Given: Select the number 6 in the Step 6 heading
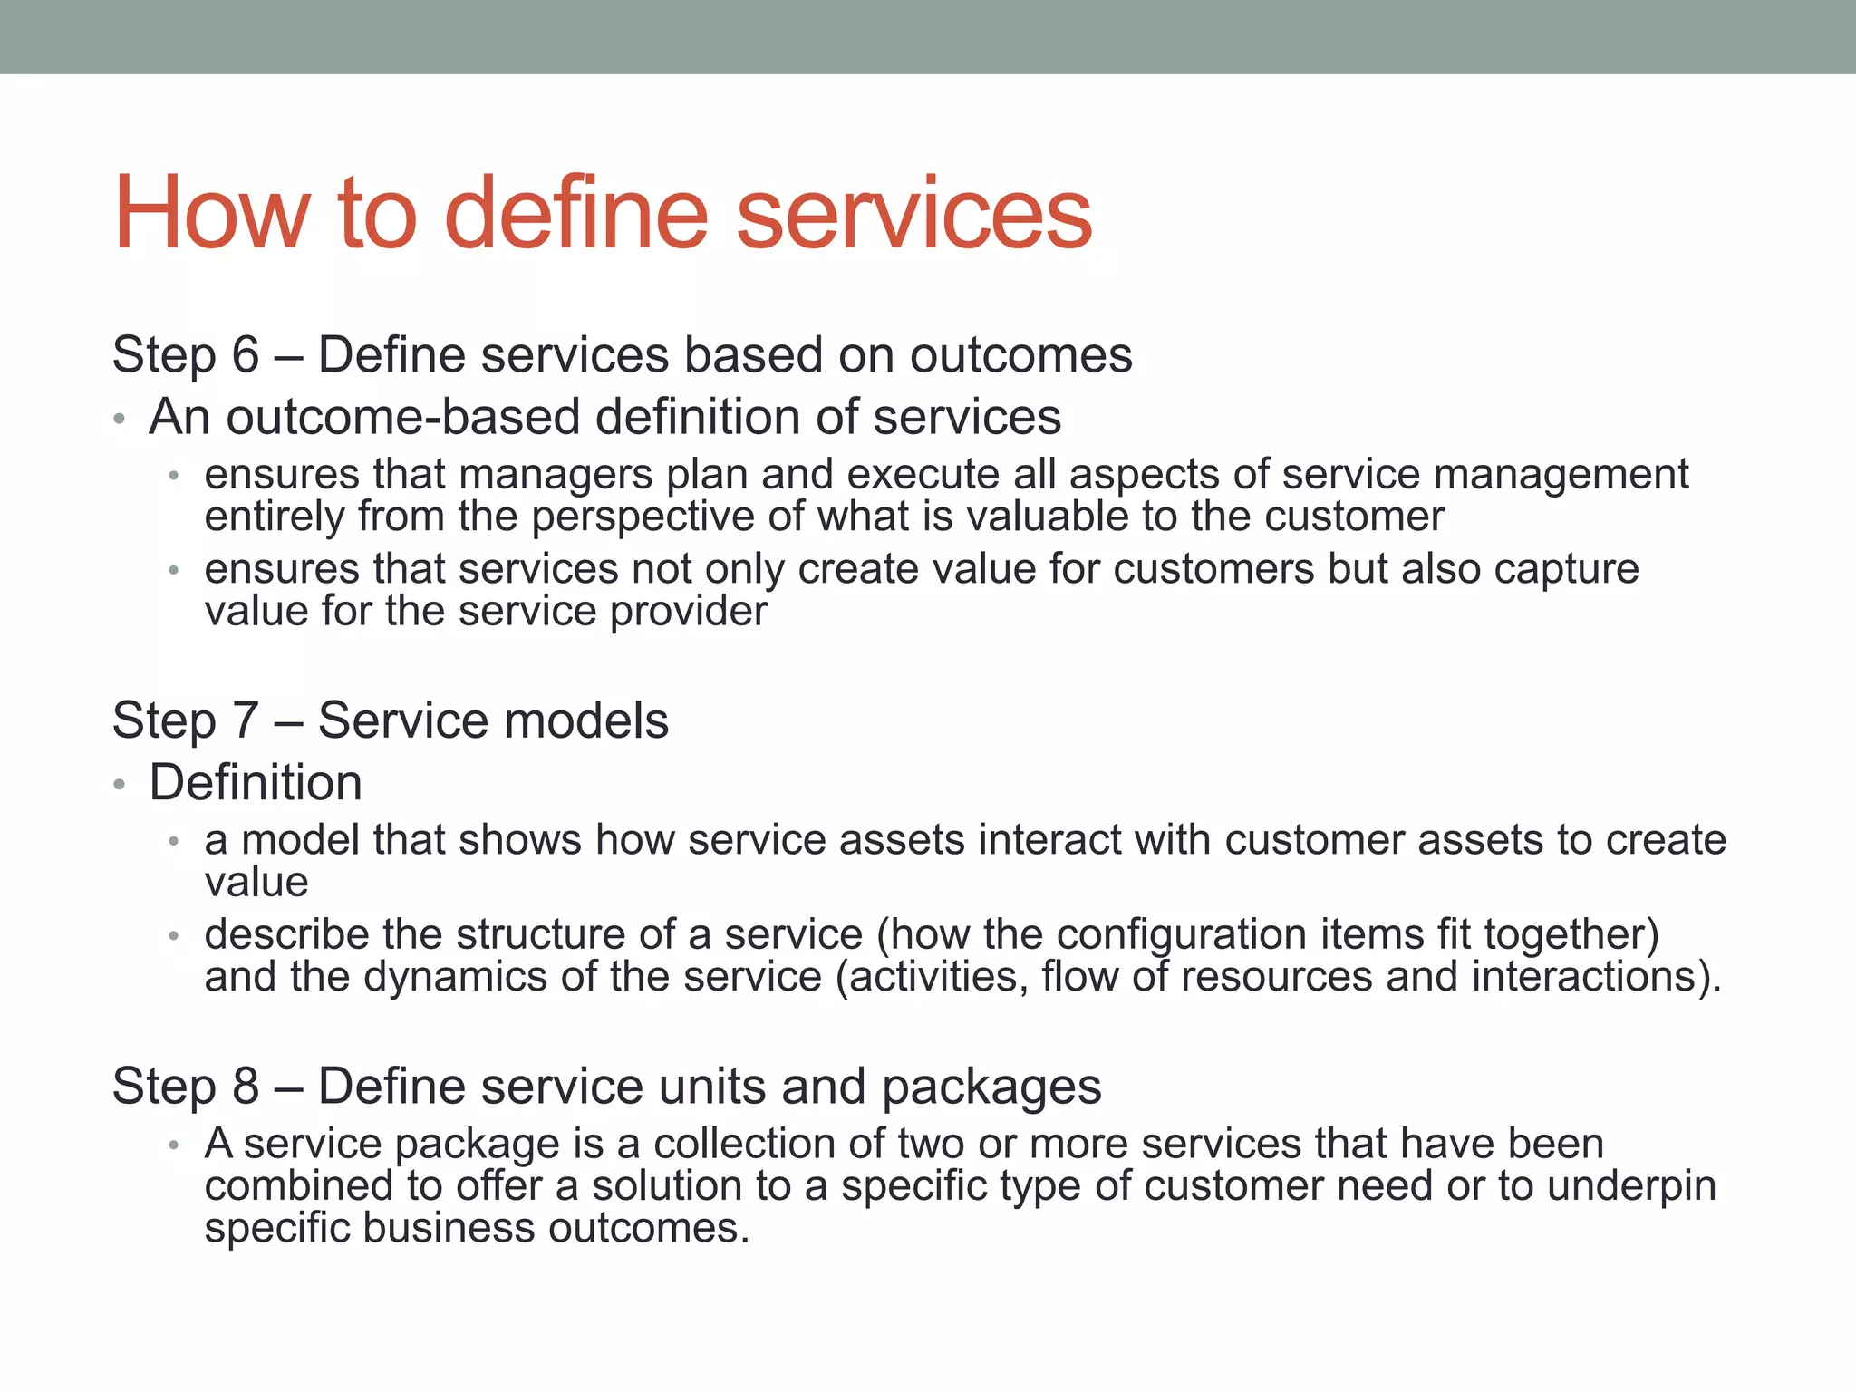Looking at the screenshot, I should pos(246,354).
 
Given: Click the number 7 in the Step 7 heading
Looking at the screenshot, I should pos(246,720).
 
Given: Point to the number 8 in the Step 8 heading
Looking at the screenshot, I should pos(246,1086).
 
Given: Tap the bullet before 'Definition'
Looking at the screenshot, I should pos(120,784).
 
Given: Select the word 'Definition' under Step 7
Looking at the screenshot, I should pos(256,782).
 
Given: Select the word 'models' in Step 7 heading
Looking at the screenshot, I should pos(585,720).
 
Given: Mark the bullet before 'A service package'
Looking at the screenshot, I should pos(174,1145).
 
